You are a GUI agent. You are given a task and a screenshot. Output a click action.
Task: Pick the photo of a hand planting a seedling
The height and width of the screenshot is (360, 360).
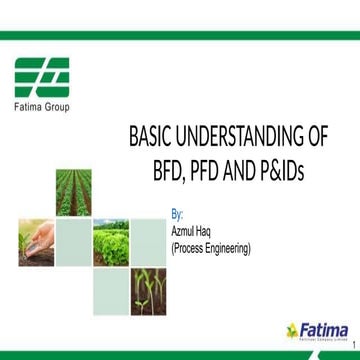(35, 239)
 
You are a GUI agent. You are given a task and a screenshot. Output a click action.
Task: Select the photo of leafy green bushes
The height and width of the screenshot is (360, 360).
(111, 239)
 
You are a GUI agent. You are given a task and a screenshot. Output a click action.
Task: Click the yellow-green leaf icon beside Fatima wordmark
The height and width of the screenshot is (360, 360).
(292, 328)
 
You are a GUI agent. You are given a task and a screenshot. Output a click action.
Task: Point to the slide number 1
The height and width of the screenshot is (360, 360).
(352, 345)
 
